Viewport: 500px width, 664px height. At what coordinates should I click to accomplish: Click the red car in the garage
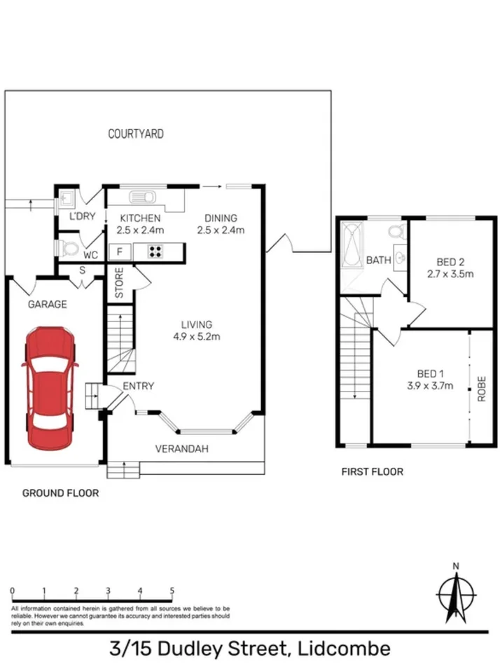coord(50,389)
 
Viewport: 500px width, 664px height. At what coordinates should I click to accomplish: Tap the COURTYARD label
coord(135,134)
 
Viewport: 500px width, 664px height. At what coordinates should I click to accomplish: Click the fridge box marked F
coord(119,251)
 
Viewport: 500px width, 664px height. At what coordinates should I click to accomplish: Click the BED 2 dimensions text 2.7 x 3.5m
coord(450,274)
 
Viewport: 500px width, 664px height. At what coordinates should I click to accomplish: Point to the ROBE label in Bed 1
coord(482,389)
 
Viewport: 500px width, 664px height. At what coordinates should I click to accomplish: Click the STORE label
coord(119,283)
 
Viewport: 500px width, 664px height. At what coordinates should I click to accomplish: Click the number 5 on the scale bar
coord(172,590)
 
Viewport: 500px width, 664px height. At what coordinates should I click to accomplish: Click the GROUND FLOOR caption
coord(60,493)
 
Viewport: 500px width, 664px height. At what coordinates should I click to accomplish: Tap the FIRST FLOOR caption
coord(372,472)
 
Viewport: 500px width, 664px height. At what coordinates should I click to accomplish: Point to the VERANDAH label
coord(181,449)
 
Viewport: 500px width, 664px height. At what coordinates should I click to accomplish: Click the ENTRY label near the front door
coord(138,386)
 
